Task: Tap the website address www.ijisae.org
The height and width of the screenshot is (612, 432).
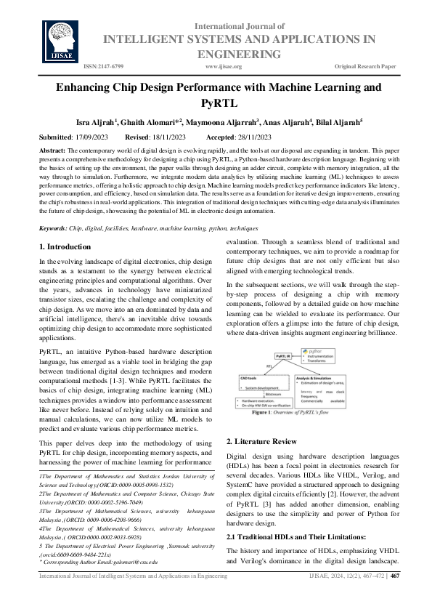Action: click(224, 66)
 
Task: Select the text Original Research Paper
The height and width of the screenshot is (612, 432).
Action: click(365, 66)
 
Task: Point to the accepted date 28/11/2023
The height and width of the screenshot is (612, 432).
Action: click(251, 137)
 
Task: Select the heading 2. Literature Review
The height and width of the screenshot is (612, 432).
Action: click(261, 441)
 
